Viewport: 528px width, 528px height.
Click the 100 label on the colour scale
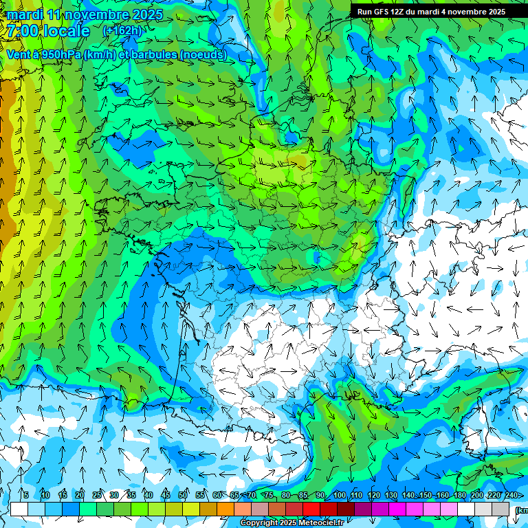[340, 496]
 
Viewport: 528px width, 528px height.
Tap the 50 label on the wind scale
[183, 496]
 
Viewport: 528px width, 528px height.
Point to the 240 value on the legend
[511, 496]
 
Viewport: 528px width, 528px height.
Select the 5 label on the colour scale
[26, 496]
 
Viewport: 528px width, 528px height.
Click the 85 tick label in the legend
[303, 496]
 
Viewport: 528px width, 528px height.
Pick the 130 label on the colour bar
[391, 496]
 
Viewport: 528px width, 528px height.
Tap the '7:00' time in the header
[21, 31]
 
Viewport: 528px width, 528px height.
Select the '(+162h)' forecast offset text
[122, 31]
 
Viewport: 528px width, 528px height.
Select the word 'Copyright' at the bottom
[258, 523]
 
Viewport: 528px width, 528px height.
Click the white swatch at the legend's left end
[19, 509]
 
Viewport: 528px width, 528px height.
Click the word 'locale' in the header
[66, 31]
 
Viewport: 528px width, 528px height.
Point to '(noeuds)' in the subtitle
[203, 55]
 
